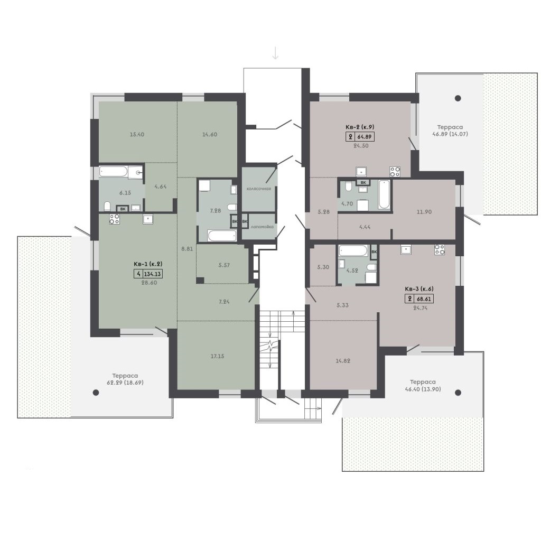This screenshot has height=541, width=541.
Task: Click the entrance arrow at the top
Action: (x=275, y=53)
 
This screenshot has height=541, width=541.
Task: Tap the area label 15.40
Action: (x=137, y=135)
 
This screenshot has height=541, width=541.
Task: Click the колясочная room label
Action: (x=258, y=189)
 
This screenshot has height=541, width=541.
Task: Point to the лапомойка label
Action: (x=262, y=227)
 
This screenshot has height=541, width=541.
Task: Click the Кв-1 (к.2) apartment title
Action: (x=148, y=264)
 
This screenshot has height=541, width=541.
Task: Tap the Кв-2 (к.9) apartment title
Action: (x=360, y=127)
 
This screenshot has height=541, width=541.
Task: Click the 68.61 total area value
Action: (x=424, y=299)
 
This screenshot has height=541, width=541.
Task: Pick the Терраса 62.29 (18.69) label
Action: (x=125, y=379)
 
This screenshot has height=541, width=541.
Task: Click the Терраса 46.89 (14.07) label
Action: (x=450, y=130)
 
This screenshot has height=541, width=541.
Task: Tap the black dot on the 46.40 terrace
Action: (x=458, y=393)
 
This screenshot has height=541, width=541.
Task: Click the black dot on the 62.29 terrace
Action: (x=96, y=393)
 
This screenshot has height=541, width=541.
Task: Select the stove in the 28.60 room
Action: (x=115, y=219)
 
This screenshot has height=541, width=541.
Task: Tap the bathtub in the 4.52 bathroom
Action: (x=353, y=250)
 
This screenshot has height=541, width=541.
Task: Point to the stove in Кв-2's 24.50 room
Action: (x=395, y=172)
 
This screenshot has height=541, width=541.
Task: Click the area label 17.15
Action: (x=217, y=356)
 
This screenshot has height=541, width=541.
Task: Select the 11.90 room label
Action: (x=424, y=212)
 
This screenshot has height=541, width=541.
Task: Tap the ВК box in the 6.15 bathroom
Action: (x=123, y=208)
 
